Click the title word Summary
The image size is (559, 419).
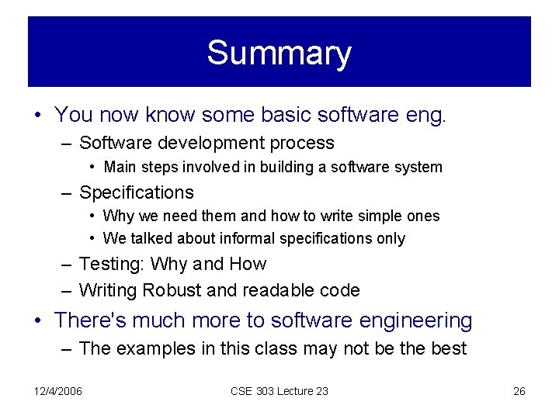[x=279, y=53]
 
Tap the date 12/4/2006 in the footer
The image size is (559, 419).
[x=58, y=391]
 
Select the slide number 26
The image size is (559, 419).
[x=519, y=391]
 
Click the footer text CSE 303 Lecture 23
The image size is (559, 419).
[x=279, y=391]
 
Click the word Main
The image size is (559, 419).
[x=120, y=167]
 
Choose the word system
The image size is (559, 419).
[x=419, y=167]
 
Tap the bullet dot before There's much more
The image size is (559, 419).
[x=39, y=320]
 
